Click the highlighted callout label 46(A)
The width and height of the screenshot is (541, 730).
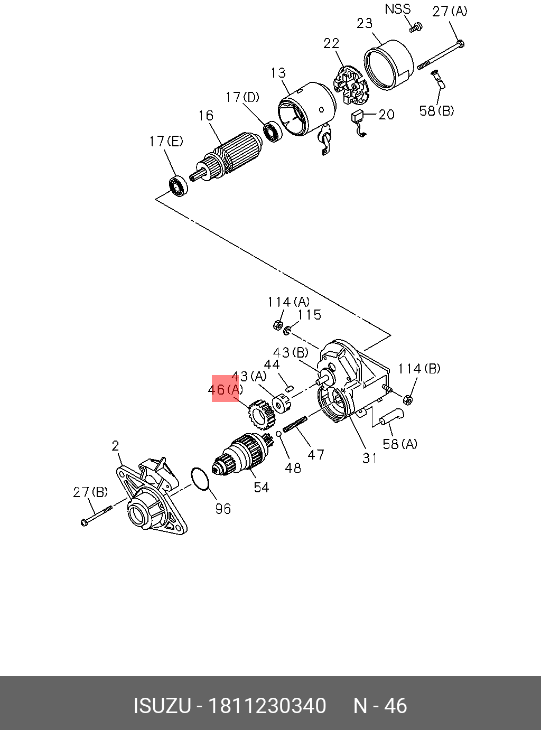click(x=225, y=389)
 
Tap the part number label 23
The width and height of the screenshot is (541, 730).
click(x=365, y=23)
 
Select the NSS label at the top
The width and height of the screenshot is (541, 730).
click(x=397, y=9)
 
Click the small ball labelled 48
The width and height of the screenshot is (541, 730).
click(x=279, y=434)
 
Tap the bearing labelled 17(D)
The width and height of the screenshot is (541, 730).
click(x=272, y=132)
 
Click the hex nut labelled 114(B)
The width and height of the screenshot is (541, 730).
click(x=408, y=399)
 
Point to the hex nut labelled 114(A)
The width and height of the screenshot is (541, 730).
click(x=277, y=324)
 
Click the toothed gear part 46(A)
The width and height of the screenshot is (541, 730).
click(x=261, y=413)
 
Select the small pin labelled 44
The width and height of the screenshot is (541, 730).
click(x=289, y=389)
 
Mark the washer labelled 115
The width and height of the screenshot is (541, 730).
click(x=287, y=331)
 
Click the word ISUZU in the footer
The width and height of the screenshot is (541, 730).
click(x=162, y=706)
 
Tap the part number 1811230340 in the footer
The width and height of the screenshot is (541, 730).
click(x=267, y=706)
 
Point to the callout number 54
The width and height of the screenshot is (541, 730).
click(x=262, y=488)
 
